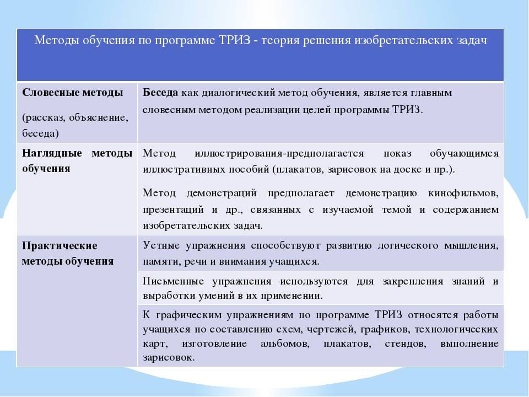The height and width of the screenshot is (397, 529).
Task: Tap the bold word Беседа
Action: tap(160, 93)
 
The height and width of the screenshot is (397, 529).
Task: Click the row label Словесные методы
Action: tap(73, 92)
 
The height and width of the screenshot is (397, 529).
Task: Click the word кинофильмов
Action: tap(463, 194)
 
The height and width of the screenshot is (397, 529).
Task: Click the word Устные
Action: tap(160, 245)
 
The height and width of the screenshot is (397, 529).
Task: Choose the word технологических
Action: tap(458, 330)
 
